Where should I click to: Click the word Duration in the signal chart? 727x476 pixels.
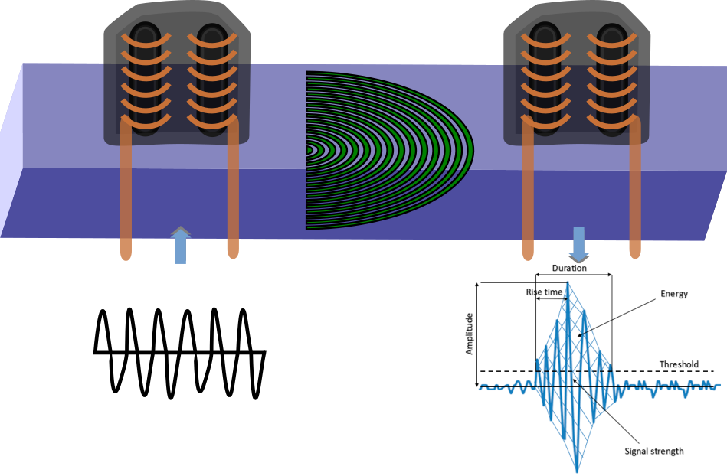570,269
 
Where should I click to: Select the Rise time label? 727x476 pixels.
543,292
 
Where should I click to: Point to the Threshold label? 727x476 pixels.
679,364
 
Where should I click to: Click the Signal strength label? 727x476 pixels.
654,451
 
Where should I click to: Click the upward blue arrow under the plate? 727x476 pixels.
180,246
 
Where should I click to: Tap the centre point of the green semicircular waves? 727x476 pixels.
308,150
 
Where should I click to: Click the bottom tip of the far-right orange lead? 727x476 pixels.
635,256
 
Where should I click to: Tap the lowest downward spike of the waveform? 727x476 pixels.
578,468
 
